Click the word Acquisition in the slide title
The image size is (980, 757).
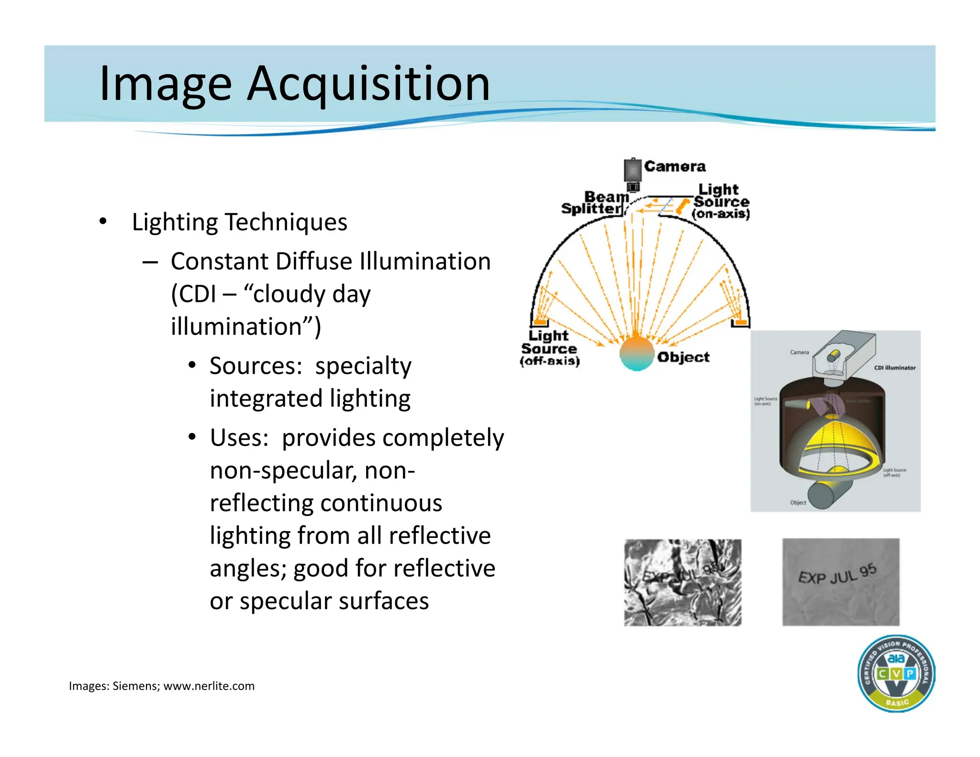368,85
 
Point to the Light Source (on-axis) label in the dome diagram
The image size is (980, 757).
721,201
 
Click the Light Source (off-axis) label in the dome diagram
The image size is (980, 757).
549,348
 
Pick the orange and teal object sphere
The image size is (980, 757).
636,353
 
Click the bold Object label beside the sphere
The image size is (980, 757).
683,357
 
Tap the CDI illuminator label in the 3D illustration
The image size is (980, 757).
894,368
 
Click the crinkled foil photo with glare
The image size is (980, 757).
682,582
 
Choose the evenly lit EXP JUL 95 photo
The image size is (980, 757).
841,582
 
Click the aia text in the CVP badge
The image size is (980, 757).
896,658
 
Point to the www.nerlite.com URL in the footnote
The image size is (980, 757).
209,686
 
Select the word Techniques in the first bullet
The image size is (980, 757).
286,222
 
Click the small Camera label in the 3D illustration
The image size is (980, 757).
799,352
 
